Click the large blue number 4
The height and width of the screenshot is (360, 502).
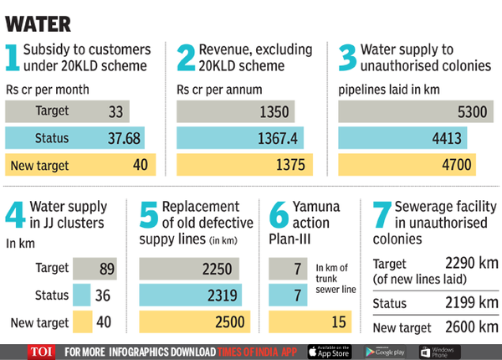(15, 217)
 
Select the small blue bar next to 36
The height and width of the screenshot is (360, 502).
(81, 295)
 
